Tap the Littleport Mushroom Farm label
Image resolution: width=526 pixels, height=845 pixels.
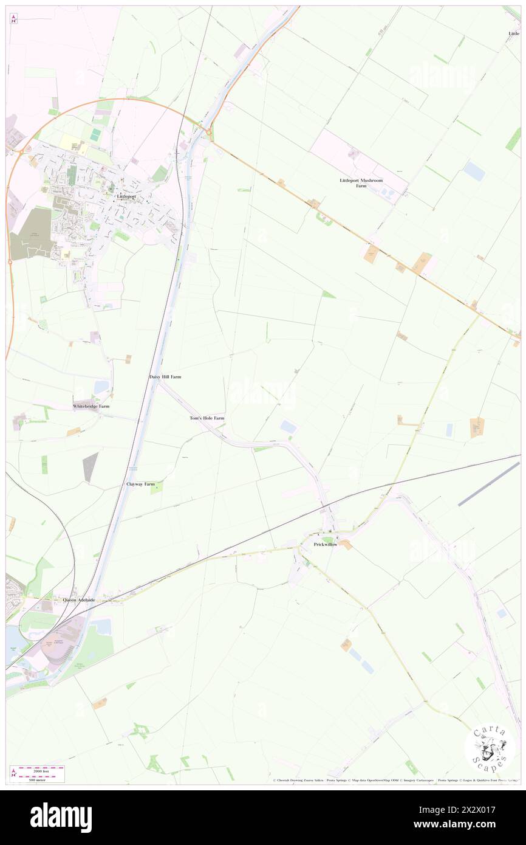pyautogui.click(x=361, y=184)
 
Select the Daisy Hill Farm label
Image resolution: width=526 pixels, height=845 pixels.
pyautogui.click(x=165, y=377)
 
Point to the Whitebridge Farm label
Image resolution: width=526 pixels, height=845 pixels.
pyautogui.click(x=91, y=406)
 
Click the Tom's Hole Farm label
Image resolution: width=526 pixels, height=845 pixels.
pyautogui.click(x=207, y=418)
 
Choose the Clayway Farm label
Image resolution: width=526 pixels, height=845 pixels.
pyautogui.click(x=140, y=484)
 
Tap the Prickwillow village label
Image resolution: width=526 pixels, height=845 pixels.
pyautogui.click(x=326, y=544)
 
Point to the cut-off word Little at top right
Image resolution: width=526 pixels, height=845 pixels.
pyautogui.click(x=514, y=33)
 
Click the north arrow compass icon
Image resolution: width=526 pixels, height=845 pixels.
pyautogui.click(x=13, y=19)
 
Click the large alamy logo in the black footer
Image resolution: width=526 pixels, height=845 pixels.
pyautogui.click(x=61, y=818)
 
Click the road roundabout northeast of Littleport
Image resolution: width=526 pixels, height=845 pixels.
pyautogui.click(x=208, y=132)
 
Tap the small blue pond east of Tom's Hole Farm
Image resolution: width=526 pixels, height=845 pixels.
pyautogui.click(x=289, y=427)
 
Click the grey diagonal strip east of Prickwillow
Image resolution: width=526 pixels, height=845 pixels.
pyautogui.click(x=489, y=484)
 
